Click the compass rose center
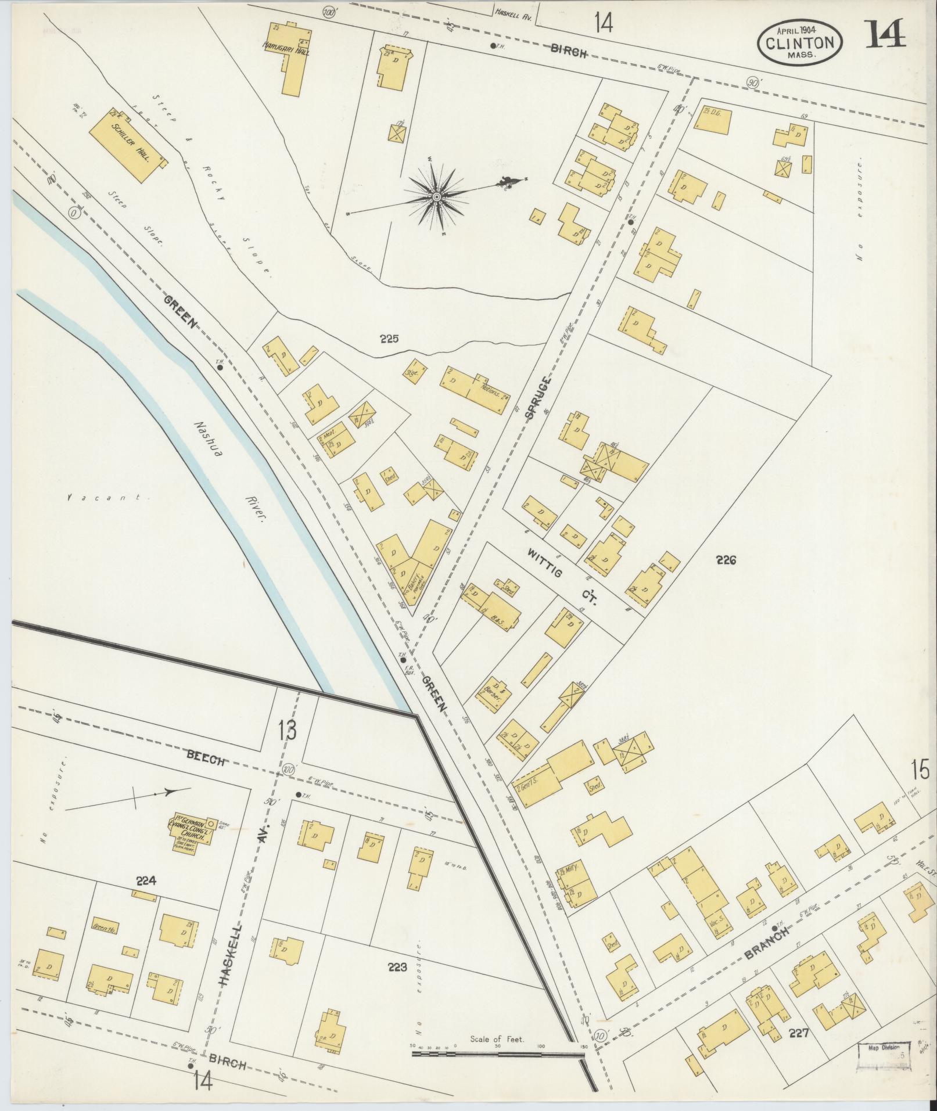click(x=436, y=198)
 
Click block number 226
click(x=726, y=560)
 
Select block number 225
click(x=389, y=339)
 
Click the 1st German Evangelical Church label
click(x=192, y=835)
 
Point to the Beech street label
click(x=205, y=758)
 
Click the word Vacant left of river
click(x=105, y=498)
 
